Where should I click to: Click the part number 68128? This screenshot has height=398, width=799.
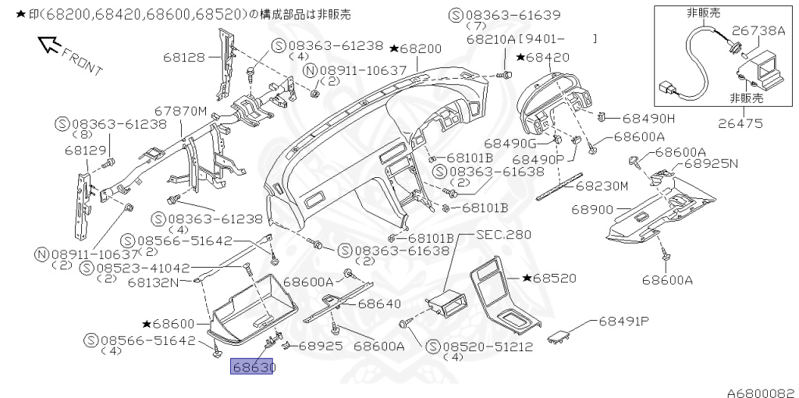tap(184, 56)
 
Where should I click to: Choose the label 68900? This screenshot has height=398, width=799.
tap(592, 209)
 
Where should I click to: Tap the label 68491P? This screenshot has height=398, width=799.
tap(625, 321)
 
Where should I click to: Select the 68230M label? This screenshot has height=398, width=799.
tap(602, 186)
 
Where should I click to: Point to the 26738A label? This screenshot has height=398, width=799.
tap(759, 30)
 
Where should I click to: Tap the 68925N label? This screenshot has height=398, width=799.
tap(711, 165)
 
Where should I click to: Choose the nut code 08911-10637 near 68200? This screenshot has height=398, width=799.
tap(360, 70)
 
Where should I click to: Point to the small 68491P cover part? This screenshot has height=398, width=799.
tap(559, 336)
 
